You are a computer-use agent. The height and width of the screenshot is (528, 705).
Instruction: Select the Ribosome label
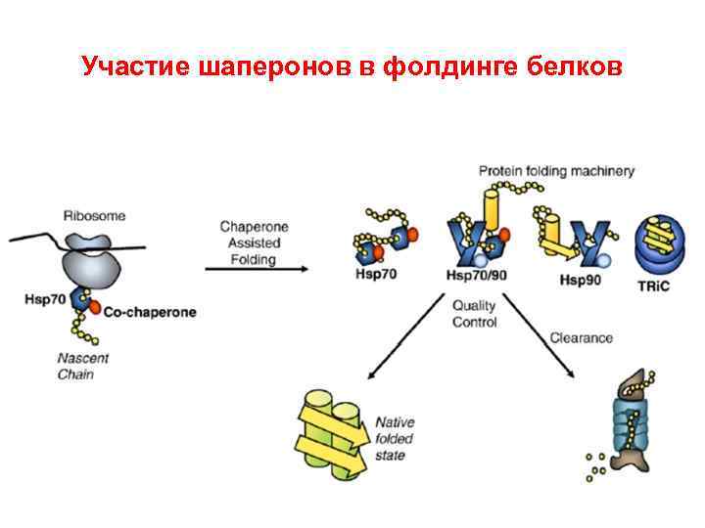[94, 215]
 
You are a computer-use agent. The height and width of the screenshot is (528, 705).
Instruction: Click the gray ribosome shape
[91, 263]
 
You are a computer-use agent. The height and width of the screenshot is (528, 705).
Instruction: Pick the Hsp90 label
[577, 282]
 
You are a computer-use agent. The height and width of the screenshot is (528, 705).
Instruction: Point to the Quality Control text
[474, 314]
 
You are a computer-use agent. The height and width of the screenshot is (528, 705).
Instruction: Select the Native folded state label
[395, 439]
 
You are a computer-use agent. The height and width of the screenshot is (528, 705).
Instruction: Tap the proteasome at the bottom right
[634, 421]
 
